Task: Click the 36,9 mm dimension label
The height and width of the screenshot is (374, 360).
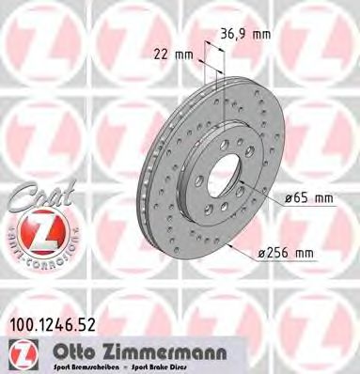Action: click(246, 34)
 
